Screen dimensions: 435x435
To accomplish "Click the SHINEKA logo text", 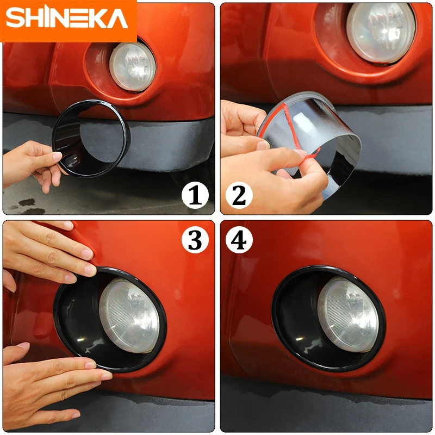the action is [x=66, y=18].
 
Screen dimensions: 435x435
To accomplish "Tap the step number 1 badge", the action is [x=195, y=196].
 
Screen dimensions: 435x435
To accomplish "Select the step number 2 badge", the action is [x=239, y=196].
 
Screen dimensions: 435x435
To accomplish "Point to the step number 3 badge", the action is [x=195, y=239].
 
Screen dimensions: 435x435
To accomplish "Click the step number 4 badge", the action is [x=239, y=239].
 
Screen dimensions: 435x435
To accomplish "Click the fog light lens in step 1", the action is [x=133, y=67].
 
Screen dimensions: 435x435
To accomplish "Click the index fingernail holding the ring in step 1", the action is [x=57, y=156].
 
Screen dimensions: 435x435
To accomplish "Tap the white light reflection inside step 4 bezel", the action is [x=299, y=339].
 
